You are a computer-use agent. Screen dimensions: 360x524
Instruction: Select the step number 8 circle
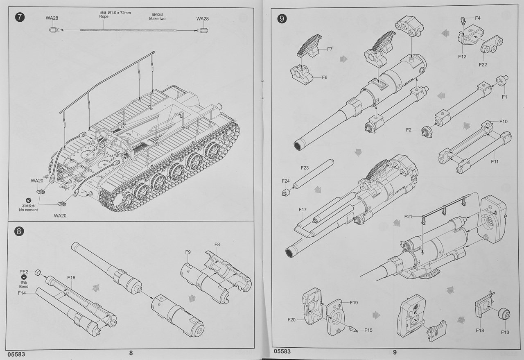pyautogui.click(x=19, y=231)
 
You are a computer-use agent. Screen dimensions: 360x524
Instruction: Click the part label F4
pyautogui.click(x=478, y=18)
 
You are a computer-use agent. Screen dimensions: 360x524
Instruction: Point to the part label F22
pyautogui.click(x=483, y=64)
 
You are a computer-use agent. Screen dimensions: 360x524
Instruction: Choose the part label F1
pyautogui.click(x=504, y=97)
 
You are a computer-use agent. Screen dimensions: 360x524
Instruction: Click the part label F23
pyautogui.click(x=305, y=168)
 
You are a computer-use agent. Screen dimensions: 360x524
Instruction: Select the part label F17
pyautogui.click(x=303, y=210)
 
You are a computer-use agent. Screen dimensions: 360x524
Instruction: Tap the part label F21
pyautogui.click(x=409, y=216)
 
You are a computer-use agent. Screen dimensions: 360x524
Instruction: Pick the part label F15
pyautogui.click(x=368, y=330)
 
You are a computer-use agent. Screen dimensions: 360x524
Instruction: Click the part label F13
pyautogui.click(x=505, y=332)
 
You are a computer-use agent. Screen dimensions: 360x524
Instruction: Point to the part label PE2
pyautogui.click(x=24, y=272)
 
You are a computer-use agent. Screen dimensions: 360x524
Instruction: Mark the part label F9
pyautogui.click(x=188, y=252)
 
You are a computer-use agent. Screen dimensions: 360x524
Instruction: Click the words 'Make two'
pyautogui.click(x=157, y=19)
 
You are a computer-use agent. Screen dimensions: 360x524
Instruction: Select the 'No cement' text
pyautogui.click(x=28, y=210)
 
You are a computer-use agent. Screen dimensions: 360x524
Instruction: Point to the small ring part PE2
pyautogui.click(x=37, y=272)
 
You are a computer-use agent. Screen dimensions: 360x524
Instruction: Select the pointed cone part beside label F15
pyautogui.click(x=352, y=328)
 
